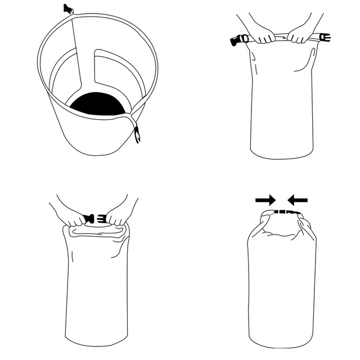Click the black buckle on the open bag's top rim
tap(68, 8)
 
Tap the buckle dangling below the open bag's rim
tap(137, 134)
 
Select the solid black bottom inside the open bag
tap(98, 105)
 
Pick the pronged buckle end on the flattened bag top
tap(324, 38)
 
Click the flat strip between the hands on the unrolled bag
tap(281, 38)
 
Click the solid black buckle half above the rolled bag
tap(88, 219)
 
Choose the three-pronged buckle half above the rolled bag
tap(102, 218)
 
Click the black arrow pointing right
tap(265, 200)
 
